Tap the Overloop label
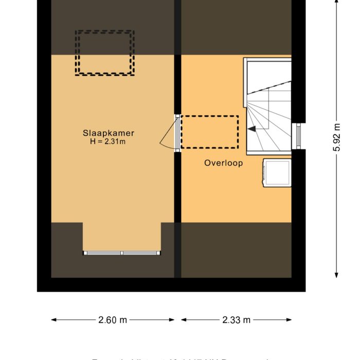[x=223, y=163]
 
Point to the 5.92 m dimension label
[x=337, y=137]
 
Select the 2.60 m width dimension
[x=113, y=320]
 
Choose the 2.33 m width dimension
[x=237, y=320]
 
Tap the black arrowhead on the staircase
[x=252, y=130]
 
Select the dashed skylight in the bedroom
[x=105, y=53]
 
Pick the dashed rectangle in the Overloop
[x=209, y=132]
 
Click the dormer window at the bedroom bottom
[x=122, y=253]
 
